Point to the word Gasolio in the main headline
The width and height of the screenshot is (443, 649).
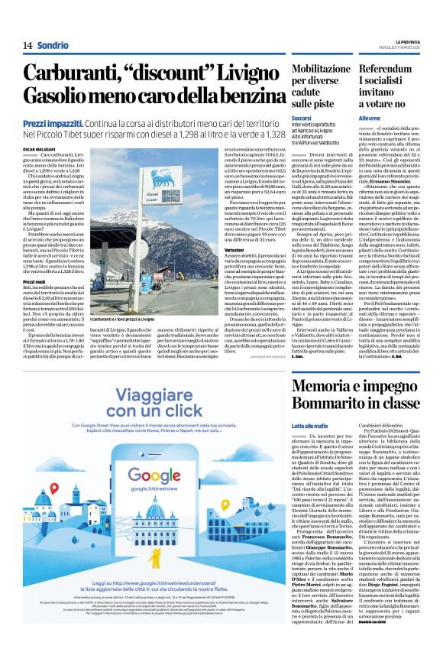pyautogui.click(x=59, y=97)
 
